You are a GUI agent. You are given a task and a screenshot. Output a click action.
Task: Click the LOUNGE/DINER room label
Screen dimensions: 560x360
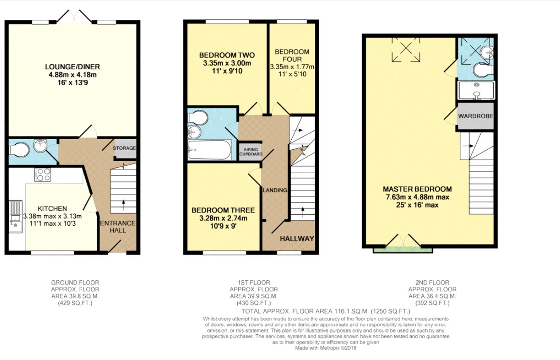73,67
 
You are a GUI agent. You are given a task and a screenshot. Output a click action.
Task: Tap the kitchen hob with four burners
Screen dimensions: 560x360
43,174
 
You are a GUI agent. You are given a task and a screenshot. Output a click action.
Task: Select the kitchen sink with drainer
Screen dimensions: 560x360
16,217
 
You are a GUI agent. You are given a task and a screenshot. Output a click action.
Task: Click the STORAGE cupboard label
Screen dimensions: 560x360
124,148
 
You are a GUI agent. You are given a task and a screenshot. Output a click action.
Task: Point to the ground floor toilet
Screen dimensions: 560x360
19,150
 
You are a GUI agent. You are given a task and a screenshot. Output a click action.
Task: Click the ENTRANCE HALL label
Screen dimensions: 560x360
118,227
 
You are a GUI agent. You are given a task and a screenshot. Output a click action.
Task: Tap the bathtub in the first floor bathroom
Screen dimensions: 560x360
209,150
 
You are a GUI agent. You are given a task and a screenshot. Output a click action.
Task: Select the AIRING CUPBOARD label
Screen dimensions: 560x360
251,152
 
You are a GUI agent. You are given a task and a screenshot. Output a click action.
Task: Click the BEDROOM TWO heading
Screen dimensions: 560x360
227,55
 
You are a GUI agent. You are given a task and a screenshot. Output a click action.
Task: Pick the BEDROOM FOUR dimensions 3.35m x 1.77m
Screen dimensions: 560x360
292,67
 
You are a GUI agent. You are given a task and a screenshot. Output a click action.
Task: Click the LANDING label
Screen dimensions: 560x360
275,190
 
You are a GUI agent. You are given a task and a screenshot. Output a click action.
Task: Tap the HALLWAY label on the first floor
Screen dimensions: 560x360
297,239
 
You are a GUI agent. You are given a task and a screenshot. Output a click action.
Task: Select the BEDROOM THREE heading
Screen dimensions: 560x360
223,210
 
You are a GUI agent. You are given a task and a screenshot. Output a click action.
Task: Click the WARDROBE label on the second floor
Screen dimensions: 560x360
475,116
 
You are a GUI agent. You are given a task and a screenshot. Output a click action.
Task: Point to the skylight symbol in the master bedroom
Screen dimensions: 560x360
406,50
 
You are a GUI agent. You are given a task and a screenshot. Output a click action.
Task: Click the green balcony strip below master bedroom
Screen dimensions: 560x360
403,249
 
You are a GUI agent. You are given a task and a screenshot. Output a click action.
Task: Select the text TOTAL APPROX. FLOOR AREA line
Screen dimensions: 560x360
325,311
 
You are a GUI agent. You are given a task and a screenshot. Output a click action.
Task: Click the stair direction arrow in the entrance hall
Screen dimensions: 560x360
123,205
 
